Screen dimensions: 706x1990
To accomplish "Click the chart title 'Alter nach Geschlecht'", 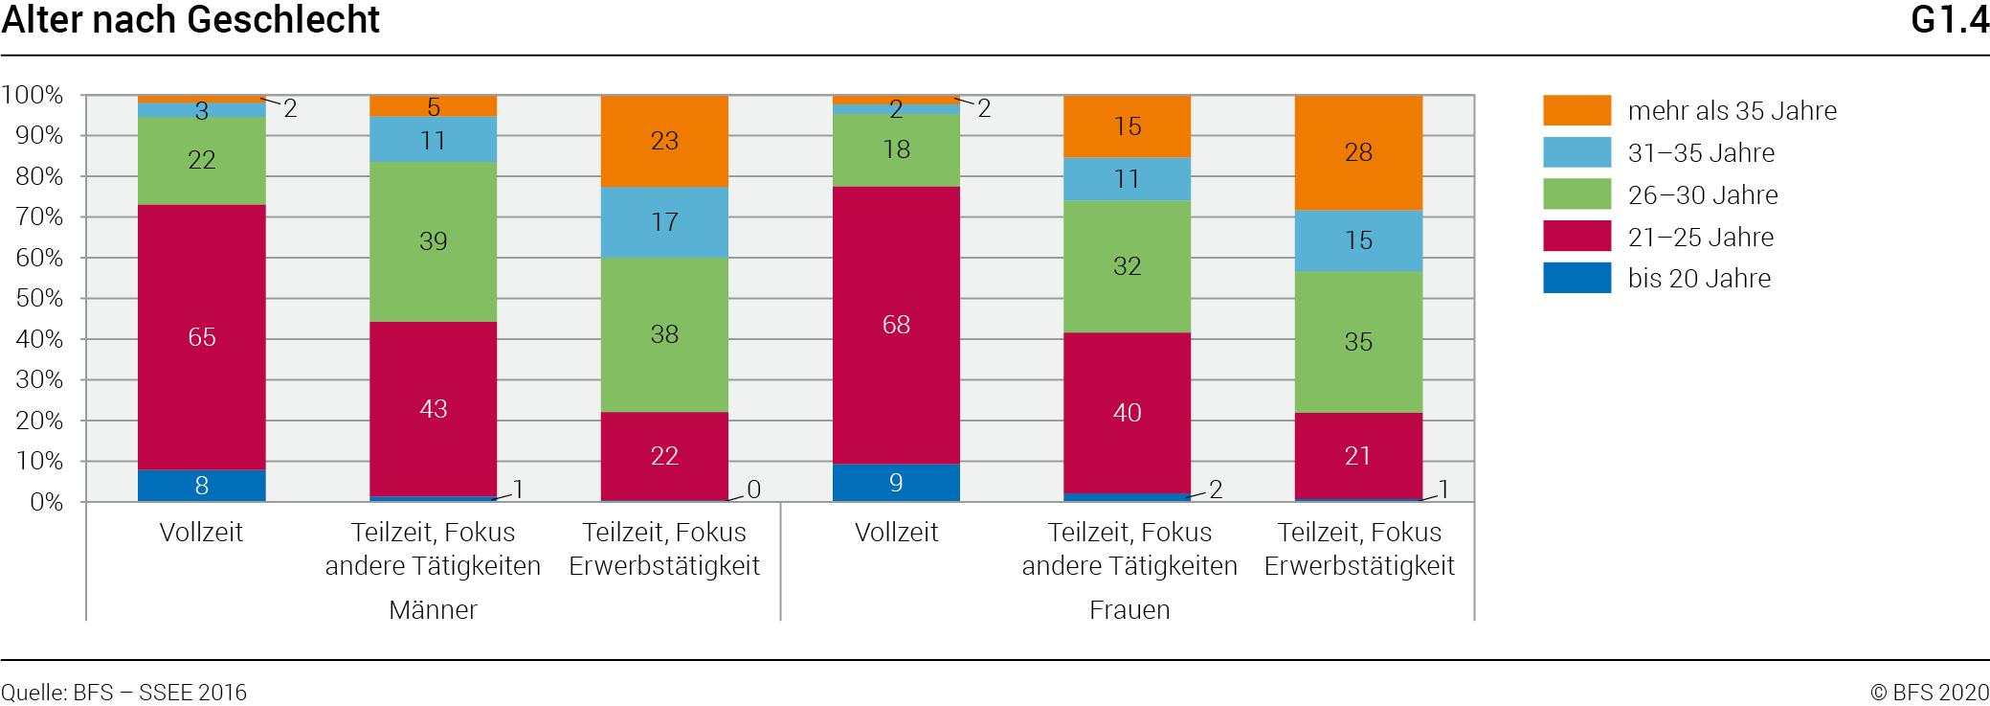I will [x=190, y=20].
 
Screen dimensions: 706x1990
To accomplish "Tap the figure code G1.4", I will [x=1949, y=20].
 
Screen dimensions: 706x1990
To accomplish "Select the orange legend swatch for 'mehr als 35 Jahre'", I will [x=1576, y=110].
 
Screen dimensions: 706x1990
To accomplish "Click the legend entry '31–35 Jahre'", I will [x=1700, y=153].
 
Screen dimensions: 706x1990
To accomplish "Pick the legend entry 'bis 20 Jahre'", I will [x=1698, y=279].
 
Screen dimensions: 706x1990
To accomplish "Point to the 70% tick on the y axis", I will [x=39, y=217].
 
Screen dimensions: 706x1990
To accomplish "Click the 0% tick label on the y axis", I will [x=46, y=502].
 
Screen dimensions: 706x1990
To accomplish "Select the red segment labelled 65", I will [x=201, y=336].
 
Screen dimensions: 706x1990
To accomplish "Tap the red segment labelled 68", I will [x=896, y=325].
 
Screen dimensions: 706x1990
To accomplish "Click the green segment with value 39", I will [x=433, y=241].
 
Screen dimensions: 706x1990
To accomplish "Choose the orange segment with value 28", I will [x=1358, y=152].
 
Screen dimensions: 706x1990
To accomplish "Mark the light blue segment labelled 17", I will [x=664, y=222].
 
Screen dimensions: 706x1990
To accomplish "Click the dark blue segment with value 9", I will [x=896, y=483].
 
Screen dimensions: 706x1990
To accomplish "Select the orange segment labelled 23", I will [x=664, y=141].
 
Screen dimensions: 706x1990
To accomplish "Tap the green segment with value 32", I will [x=1127, y=266].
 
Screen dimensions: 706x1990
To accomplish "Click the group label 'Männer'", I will [x=433, y=610].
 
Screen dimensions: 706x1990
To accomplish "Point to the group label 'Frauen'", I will [x=1129, y=610].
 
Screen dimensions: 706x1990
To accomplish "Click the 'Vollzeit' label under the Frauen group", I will [x=896, y=533].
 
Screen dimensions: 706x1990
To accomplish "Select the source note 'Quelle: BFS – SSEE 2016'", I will [x=123, y=693].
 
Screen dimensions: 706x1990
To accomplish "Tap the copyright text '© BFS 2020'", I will [x=1929, y=693].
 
